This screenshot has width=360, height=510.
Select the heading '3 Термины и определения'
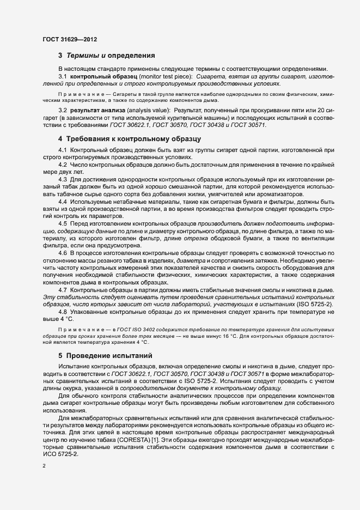click(107, 56)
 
